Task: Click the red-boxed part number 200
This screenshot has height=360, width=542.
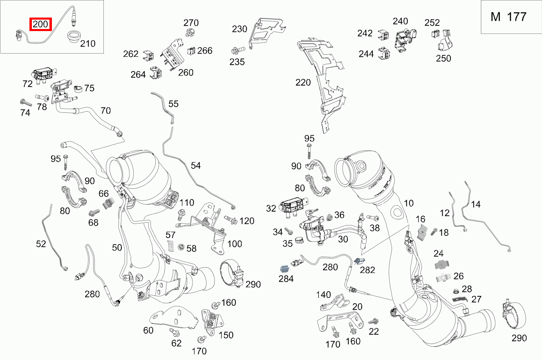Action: coord(40,25)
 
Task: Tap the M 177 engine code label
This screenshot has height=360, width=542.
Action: coord(508,17)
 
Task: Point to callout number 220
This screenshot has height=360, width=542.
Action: coord(303,83)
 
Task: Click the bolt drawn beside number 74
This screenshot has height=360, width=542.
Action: coord(25,102)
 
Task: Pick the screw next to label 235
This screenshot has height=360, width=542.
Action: coord(237,51)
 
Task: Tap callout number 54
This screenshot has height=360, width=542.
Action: coord(195,165)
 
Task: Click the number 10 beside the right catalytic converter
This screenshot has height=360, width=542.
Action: coord(409,203)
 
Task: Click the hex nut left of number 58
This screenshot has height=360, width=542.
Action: coord(179,246)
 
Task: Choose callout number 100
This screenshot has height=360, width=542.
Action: coord(234,244)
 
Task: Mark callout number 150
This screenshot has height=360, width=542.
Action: coord(226,335)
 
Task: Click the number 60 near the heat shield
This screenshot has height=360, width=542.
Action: coord(148,330)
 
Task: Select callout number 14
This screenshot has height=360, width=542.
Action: coord(475,204)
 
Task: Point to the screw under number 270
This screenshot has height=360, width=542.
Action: coord(190,32)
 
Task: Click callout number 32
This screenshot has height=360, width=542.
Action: coord(271,208)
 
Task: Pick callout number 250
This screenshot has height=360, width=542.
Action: coord(443,58)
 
